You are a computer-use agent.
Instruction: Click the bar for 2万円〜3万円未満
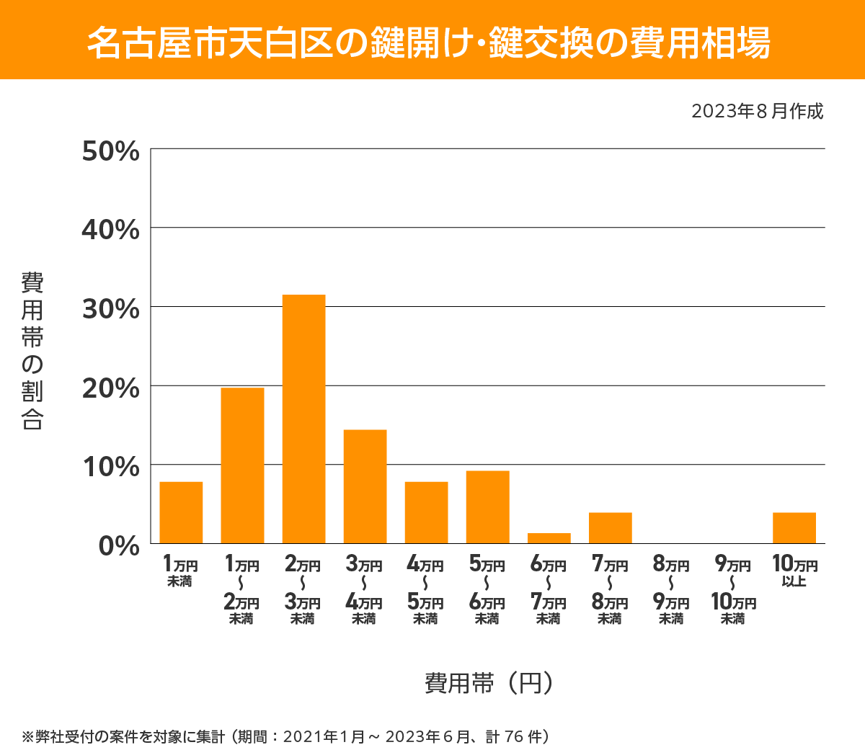tap(303, 419)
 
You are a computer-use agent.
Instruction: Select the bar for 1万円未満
tap(181, 512)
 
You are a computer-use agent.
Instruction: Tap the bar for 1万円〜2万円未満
tap(242, 465)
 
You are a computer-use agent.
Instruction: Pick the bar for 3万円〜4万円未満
tap(365, 486)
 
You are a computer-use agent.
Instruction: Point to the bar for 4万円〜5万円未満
tap(426, 512)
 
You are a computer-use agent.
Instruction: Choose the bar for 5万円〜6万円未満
tap(487, 506)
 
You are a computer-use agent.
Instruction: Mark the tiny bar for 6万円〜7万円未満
tap(549, 538)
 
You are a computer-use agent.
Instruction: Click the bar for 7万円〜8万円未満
tap(610, 527)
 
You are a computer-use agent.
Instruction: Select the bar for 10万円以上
tap(794, 527)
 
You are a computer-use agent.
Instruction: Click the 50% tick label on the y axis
tap(110, 152)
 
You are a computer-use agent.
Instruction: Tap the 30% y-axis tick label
tap(110, 309)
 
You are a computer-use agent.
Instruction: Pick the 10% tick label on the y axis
tap(110, 467)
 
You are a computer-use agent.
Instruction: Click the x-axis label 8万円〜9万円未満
tap(671, 590)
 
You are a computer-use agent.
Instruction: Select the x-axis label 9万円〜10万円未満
tap(733, 590)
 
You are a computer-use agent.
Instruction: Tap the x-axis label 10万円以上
tap(794, 571)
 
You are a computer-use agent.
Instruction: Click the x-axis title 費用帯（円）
tap(489, 682)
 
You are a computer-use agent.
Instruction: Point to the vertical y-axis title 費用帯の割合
tap(32, 351)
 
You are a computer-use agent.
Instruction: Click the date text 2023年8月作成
tap(757, 112)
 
